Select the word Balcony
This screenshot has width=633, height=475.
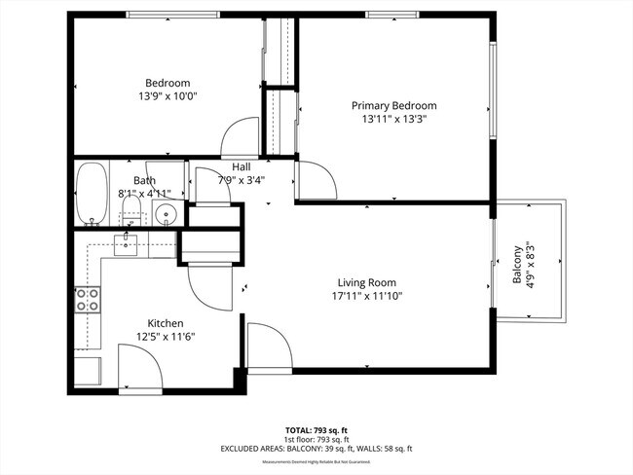pyautogui.click(x=516, y=266)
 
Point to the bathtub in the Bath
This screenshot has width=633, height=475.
pyautogui.click(x=93, y=194)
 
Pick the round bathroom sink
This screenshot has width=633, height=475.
pyautogui.click(x=168, y=214)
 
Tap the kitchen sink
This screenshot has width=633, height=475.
pyautogui.click(x=129, y=243)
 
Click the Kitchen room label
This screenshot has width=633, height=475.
pyautogui.click(x=166, y=323)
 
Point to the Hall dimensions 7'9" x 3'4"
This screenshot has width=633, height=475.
pyautogui.click(x=242, y=179)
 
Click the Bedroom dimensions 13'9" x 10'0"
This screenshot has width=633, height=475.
pyautogui.click(x=168, y=97)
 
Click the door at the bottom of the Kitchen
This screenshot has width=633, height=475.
pyautogui.click(x=137, y=368)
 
